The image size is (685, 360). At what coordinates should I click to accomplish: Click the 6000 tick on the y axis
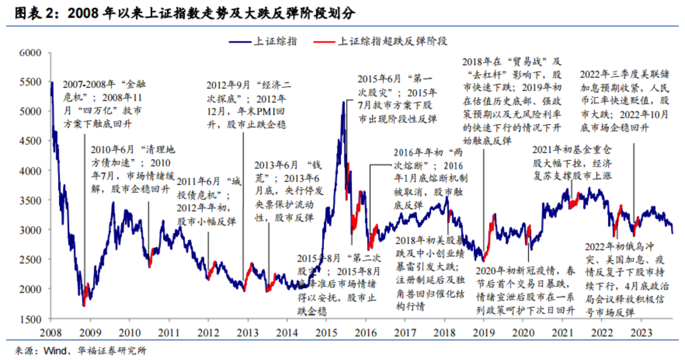click(x=31, y=52)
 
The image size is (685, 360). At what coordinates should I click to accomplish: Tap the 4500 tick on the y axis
click(x=31, y=141)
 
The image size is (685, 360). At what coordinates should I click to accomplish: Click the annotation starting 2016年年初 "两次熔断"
click(x=430, y=179)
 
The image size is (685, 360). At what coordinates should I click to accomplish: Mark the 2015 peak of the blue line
click(x=343, y=102)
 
